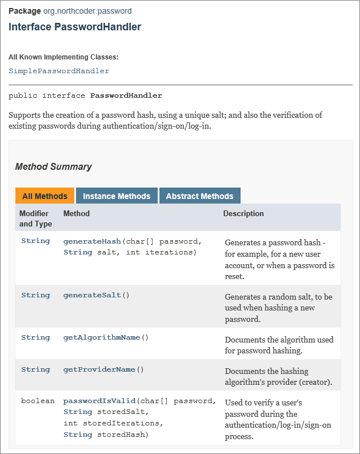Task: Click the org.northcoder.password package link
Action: [x=87, y=11]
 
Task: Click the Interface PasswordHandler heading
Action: [x=75, y=27]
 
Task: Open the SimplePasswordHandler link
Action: [x=59, y=71]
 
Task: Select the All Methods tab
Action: [x=45, y=196]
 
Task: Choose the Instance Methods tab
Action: [x=117, y=196]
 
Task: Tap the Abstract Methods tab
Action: [x=199, y=196]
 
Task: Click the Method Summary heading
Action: [x=53, y=167]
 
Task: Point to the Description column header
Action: [x=243, y=214]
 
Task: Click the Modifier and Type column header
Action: [x=35, y=218]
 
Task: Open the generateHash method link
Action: [x=92, y=241]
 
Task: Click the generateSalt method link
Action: [x=92, y=295]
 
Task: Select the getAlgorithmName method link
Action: [x=102, y=337]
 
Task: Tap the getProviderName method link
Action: [x=99, y=369]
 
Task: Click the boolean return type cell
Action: [x=38, y=401]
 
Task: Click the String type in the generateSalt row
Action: [x=35, y=295]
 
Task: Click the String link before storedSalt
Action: [x=78, y=412]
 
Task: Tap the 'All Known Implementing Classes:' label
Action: [x=63, y=57]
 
